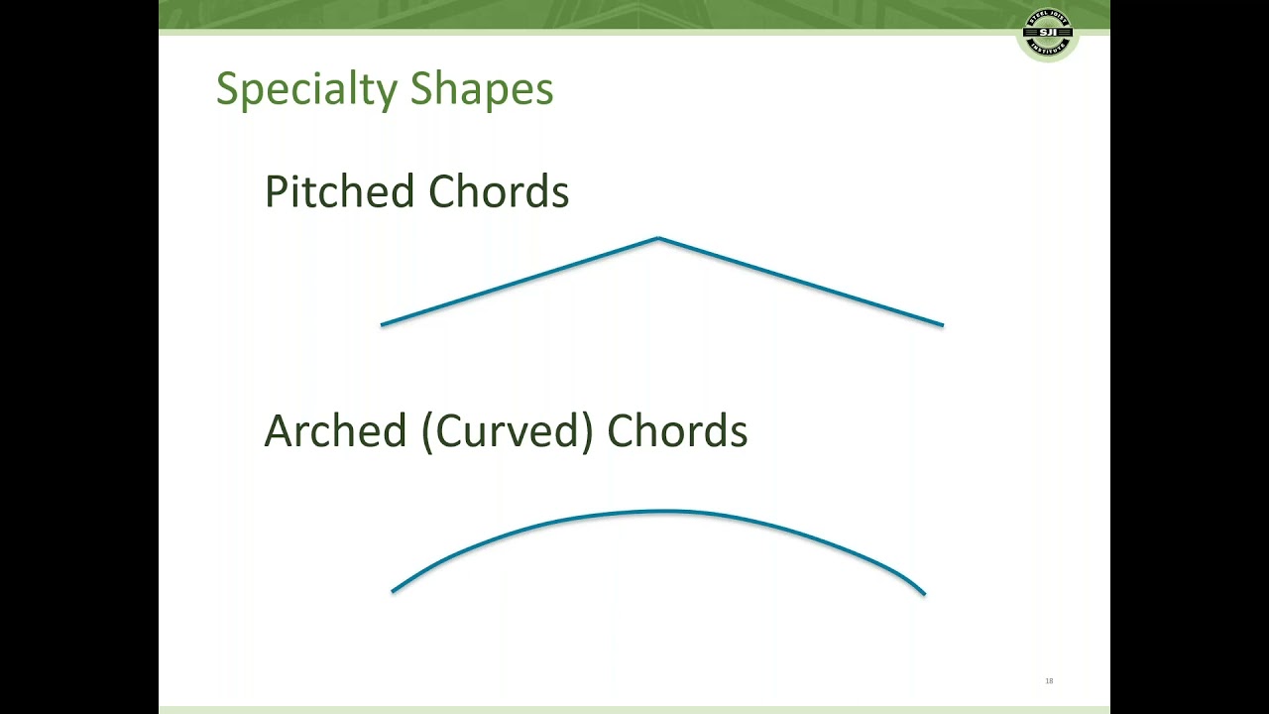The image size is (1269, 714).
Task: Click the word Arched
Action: [335, 431]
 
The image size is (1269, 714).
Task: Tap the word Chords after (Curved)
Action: [677, 431]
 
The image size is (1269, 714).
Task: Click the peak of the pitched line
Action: [658, 238]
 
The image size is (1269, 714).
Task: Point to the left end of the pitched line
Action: [383, 324]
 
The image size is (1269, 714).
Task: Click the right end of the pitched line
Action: [942, 324]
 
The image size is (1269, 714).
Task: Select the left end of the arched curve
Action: [394, 591]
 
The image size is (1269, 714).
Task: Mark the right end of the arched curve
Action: [923, 593]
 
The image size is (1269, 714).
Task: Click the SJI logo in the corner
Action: [1048, 35]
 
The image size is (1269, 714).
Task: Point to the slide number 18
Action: [1049, 681]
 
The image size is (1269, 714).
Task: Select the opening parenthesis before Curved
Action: [426, 432]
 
